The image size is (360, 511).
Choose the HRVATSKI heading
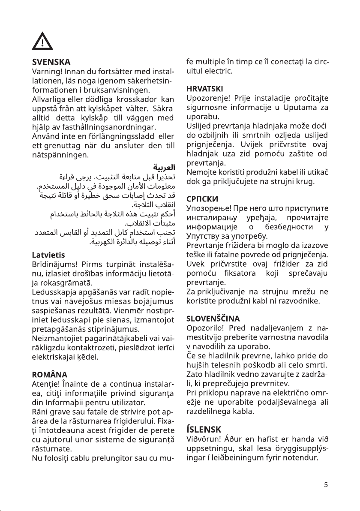point(205,89)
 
